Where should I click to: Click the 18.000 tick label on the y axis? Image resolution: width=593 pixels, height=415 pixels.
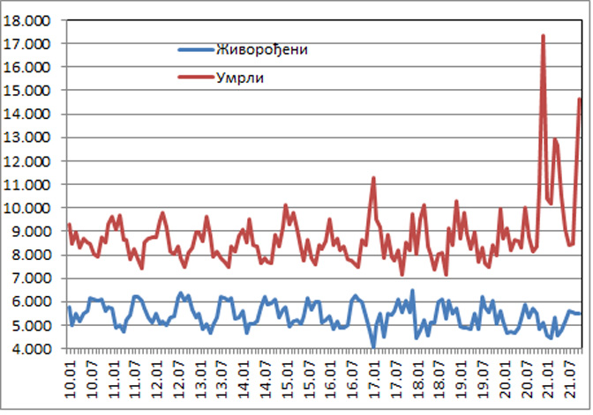coord(29,19)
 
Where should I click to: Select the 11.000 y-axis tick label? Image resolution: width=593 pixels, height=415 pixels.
coord(29,184)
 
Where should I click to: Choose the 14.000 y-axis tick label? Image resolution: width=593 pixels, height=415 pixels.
coord(29,114)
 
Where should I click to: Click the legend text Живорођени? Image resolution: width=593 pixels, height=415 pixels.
coord(261,49)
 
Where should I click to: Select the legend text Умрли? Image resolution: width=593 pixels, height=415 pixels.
coord(240,78)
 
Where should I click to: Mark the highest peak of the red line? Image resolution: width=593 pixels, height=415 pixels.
coord(543,36)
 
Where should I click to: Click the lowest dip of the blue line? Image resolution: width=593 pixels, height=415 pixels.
coord(373,346)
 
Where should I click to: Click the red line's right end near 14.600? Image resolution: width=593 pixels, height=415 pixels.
coord(580,99)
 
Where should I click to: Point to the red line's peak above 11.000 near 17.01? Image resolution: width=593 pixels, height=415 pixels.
coord(373,178)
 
